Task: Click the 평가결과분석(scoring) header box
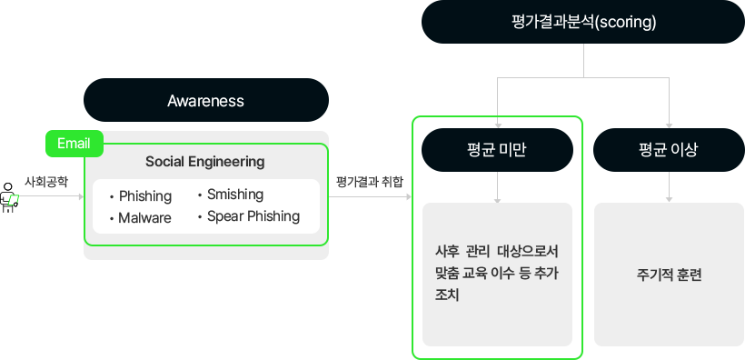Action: [x=583, y=22]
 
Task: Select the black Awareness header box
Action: [x=205, y=100]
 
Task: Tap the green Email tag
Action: [x=73, y=144]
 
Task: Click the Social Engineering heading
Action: [x=205, y=162]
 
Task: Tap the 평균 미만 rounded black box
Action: [x=497, y=150]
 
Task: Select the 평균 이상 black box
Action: [x=668, y=150]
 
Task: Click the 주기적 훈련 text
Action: [x=670, y=275]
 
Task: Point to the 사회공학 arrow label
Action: [x=45, y=182]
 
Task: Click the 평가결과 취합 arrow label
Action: [x=369, y=182]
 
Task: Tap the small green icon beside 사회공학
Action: [x=12, y=196]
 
